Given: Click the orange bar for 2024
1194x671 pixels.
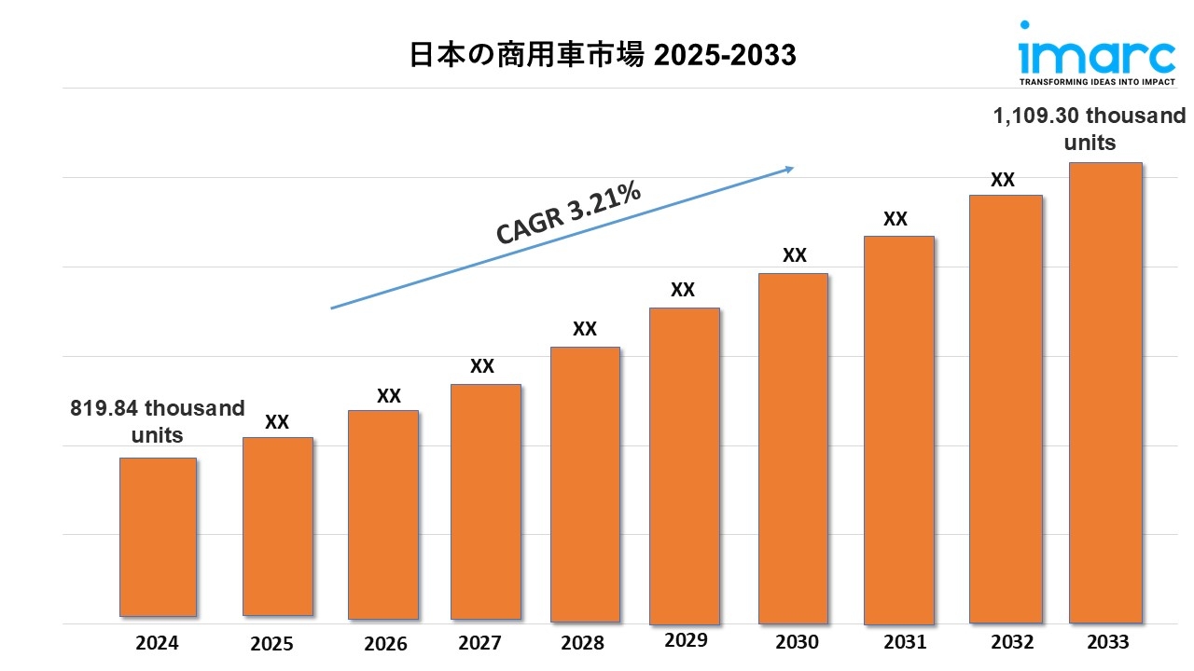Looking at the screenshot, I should pyautogui.click(x=158, y=537).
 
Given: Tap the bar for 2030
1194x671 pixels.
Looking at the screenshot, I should pyautogui.click(x=793, y=448).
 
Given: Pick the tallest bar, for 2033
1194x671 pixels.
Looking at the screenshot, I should pyautogui.click(x=1105, y=392).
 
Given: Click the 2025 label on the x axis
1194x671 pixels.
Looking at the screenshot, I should pyautogui.click(x=271, y=643).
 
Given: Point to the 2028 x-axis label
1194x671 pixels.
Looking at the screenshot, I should pyautogui.click(x=583, y=643).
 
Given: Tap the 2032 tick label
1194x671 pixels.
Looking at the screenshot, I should pyautogui.click(x=1012, y=642).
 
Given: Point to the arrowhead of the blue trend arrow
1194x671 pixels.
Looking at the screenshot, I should pyautogui.click(x=789, y=169).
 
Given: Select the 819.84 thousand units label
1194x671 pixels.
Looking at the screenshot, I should pyautogui.click(x=158, y=421).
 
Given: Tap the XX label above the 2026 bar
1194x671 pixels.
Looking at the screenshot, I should pyautogui.click(x=389, y=395).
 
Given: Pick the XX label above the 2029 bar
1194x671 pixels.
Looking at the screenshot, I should pyautogui.click(x=683, y=290).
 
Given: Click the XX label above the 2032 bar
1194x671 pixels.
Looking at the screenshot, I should pyautogui.click(x=1003, y=180).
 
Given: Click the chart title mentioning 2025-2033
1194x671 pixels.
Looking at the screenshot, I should pyautogui.click(x=604, y=56).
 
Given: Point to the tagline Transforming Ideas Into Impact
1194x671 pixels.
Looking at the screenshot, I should pyautogui.click(x=1095, y=82).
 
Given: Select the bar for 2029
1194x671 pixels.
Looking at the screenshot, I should pyautogui.click(x=684, y=465).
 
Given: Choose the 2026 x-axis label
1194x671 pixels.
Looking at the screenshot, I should pyautogui.click(x=385, y=643).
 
